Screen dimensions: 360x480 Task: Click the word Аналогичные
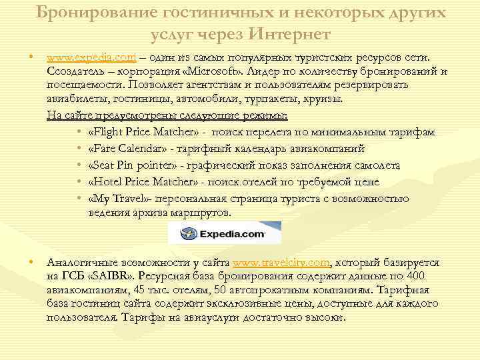[x=77, y=263]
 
